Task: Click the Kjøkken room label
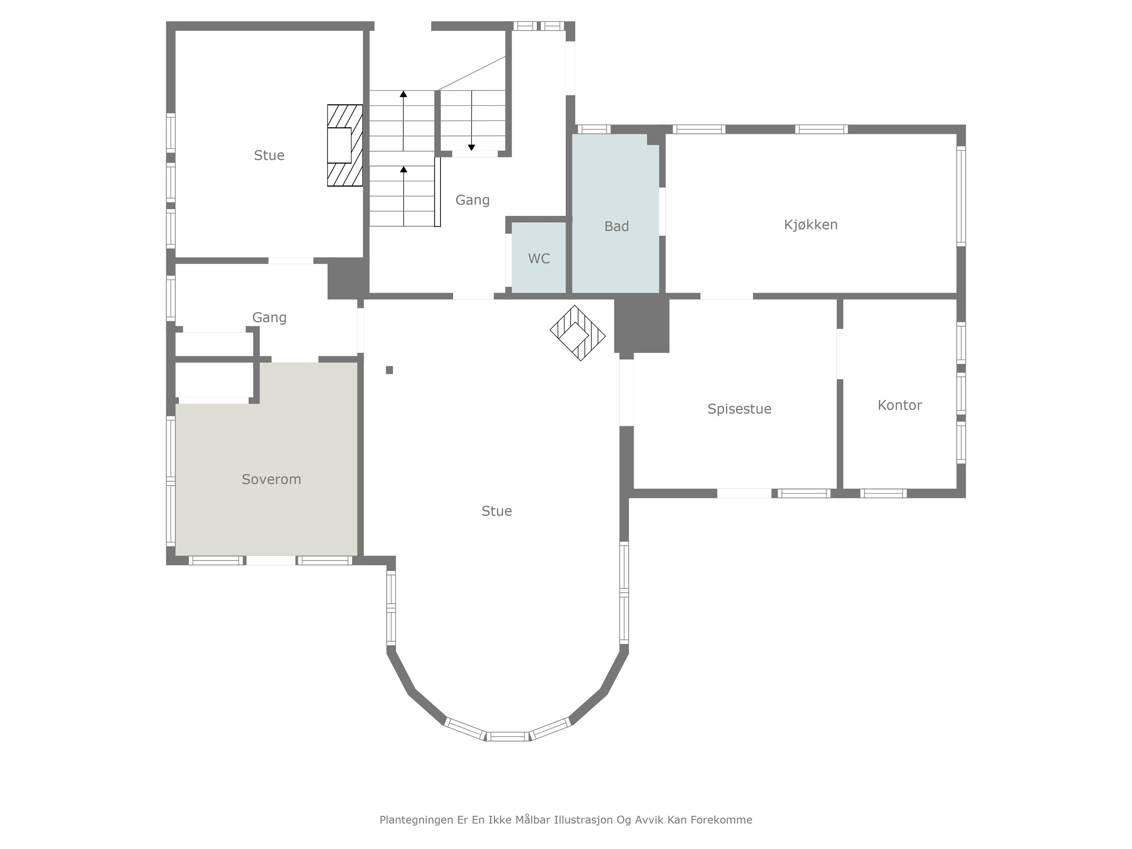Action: (811, 225)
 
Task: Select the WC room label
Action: (539, 259)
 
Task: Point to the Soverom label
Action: (271, 480)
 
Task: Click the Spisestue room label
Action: (739, 409)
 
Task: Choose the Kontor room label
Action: (900, 405)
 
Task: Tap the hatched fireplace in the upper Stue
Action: (345, 145)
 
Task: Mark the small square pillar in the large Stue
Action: (389, 370)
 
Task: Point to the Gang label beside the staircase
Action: (472, 200)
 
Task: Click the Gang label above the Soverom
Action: (269, 318)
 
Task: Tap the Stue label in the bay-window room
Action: (496, 511)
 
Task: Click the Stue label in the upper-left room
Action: (269, 156)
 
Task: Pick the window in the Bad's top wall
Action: (594, 129)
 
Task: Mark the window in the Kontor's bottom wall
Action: (883, 493)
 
